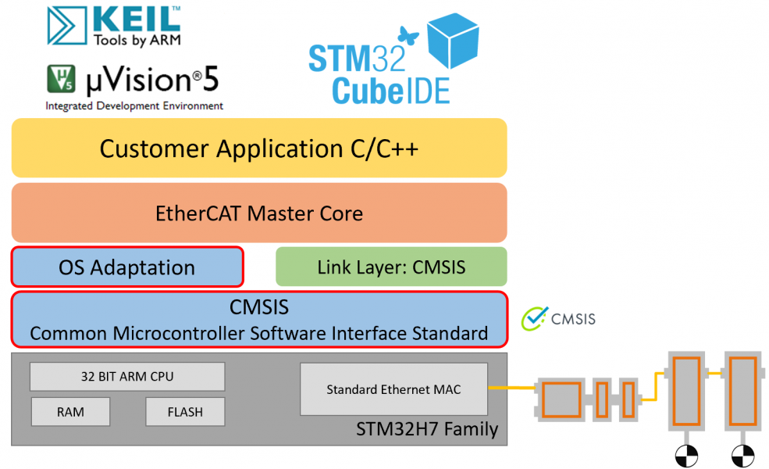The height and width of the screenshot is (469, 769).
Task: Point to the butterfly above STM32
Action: click(x=405, y=34)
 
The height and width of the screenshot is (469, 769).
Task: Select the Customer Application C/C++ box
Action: click(x=259, y=148)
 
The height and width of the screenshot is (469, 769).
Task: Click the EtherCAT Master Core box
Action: click(x=259, y=213)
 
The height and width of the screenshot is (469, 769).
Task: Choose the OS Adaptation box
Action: click(x=127, y=267)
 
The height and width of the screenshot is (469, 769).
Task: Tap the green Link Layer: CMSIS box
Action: click(x=391, y=267)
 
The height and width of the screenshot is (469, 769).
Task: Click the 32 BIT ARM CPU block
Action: click(x=127, y=377)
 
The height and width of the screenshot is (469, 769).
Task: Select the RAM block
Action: click(x=70, y=412)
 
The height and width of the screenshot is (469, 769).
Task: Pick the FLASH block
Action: click(x=185, y=412)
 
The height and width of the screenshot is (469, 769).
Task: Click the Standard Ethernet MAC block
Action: click(x=393, y=388)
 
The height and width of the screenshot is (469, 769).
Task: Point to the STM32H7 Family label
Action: click(x=426, y=429)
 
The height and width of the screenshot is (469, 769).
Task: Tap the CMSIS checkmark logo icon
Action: click(x=535, y=317)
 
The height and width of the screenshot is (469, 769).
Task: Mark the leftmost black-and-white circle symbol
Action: click(x=685, y=454)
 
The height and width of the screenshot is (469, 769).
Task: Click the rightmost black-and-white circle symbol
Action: click(x=742, y=454)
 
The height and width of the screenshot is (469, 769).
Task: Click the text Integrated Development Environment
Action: click(x=134, y=106)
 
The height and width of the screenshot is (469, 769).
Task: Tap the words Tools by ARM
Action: click(x=137, y=40)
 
